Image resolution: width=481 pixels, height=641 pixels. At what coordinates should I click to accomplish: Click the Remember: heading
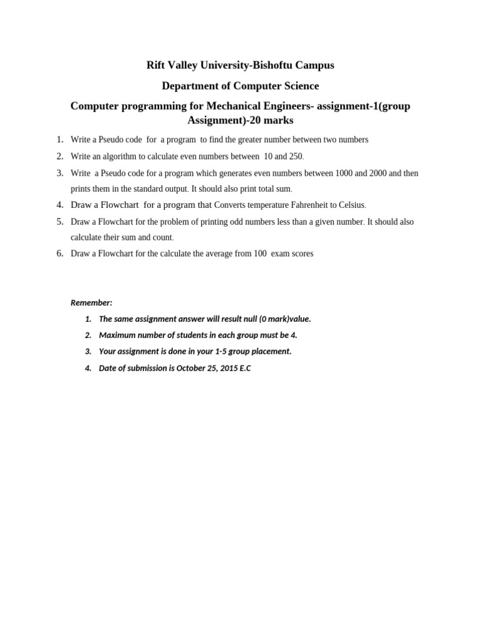[91, 303]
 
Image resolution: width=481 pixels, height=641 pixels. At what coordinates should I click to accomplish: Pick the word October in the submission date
[191, 368]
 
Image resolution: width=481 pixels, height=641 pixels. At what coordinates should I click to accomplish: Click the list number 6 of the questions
[60, 254]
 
